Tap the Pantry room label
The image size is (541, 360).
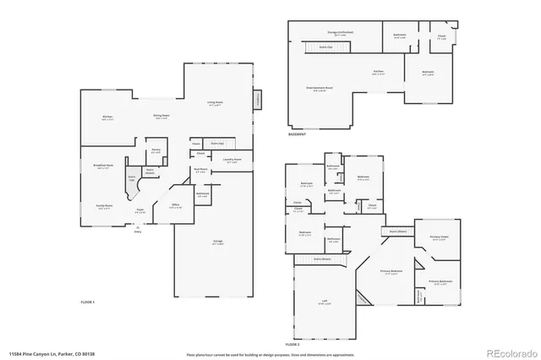tap(156, 151)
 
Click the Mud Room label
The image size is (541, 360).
tap(200, 172)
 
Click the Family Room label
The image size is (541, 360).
tap(104, 206)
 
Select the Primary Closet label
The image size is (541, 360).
tap(438, 237)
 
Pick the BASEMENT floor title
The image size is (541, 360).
tap(297, 134)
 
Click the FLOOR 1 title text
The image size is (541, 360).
tap(88, 301)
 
